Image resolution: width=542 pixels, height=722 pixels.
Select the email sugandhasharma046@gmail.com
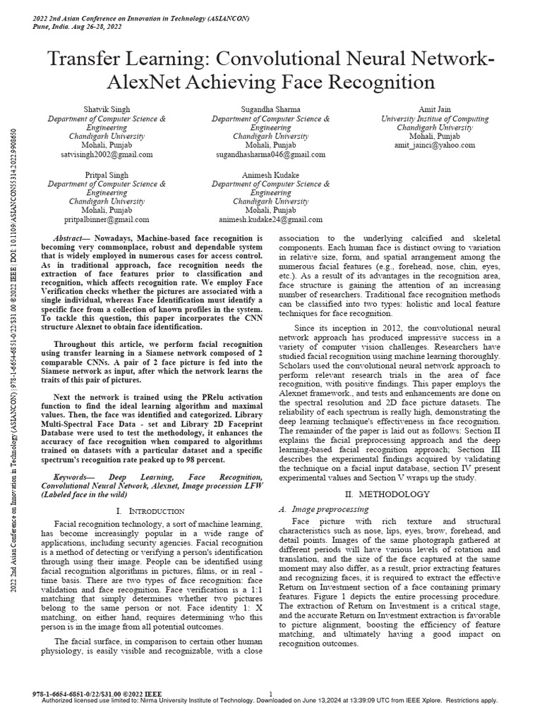271,154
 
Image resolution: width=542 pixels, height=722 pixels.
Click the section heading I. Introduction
150,510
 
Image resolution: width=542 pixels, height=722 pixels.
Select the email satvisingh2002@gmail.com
107,154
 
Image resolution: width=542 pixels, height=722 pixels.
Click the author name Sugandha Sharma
271,109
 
